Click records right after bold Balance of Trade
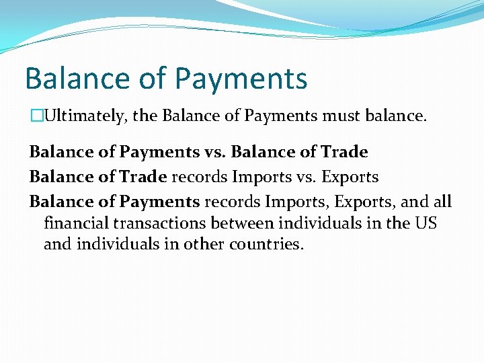(199, 177)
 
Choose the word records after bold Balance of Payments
(232, 202)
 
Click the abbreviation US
(425, 223)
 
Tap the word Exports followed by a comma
(360, 202)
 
